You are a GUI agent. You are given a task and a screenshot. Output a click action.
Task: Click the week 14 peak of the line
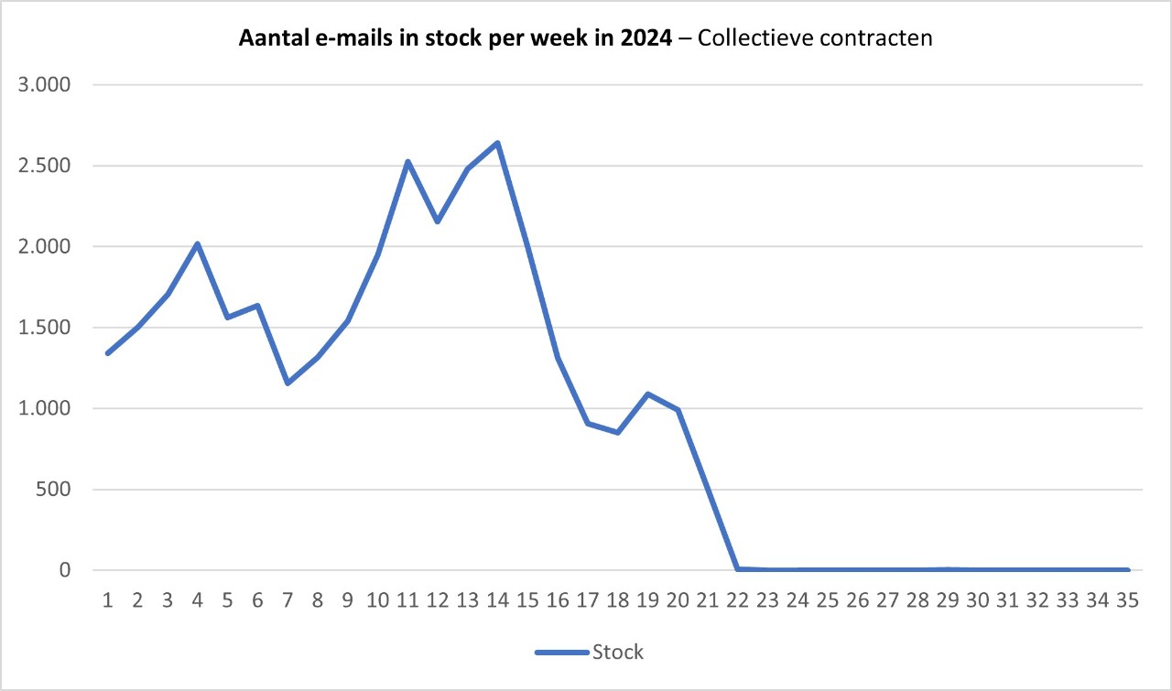click(x=497, y=143)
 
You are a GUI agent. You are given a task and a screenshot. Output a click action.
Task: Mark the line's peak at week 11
click(x=407, y=162)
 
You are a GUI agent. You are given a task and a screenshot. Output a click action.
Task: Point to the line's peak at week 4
click(x=198, y=244)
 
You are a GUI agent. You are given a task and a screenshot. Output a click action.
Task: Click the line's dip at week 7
click(x=288, y=383)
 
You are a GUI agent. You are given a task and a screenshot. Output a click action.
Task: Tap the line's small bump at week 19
click(x=647, y=394)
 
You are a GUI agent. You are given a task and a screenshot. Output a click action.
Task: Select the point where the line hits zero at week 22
click(x=737, y=569)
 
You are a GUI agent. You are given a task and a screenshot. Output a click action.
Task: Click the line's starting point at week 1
click(x=108, y=353)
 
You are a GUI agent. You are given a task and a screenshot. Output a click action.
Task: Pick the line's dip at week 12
click(x=438, y=221)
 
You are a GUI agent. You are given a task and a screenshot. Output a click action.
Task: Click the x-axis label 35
click(x=1127, y=601)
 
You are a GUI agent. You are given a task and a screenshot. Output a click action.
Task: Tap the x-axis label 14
click(x=497, y=601)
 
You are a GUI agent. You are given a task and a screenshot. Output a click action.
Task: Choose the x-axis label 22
click(x=737, y=601)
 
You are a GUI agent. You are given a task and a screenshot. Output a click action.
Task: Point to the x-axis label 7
click(x=288, y=601)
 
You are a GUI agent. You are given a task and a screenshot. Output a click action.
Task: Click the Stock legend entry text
click(x=618, y=653)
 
